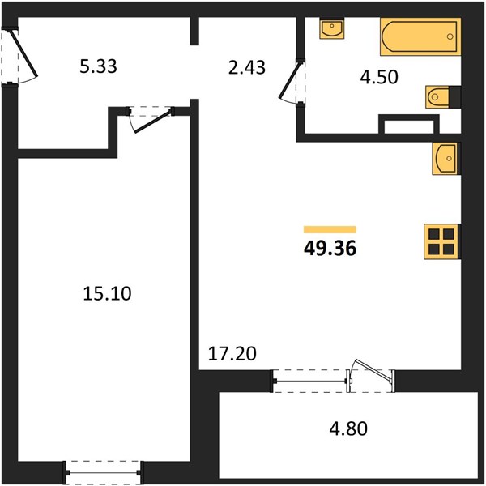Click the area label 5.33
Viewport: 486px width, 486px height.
tap(98, 66)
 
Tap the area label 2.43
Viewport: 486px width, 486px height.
tap(247, 67)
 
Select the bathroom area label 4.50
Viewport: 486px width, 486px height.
tap(379, 77)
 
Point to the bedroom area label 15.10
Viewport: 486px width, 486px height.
tap(107, 293)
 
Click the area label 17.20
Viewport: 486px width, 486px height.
tap(232, 354)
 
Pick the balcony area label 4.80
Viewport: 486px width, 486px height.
tap(348, 428)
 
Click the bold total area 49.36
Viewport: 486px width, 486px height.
tap(330, 249)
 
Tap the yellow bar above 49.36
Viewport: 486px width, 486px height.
tap(330, 229)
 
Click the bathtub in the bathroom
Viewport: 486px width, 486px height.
tap(420, 36)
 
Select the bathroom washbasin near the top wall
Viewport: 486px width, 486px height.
tap(332, 28)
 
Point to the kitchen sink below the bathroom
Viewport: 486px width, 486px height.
tap(446, 159)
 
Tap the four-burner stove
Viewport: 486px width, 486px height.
tap(441, 241)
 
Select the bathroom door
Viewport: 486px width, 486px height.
tap(290, 81)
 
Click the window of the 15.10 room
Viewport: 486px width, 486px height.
tap(103, 473)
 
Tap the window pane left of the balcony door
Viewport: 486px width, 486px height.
tap(310, 381)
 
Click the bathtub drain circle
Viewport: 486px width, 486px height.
tap(450, 36)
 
